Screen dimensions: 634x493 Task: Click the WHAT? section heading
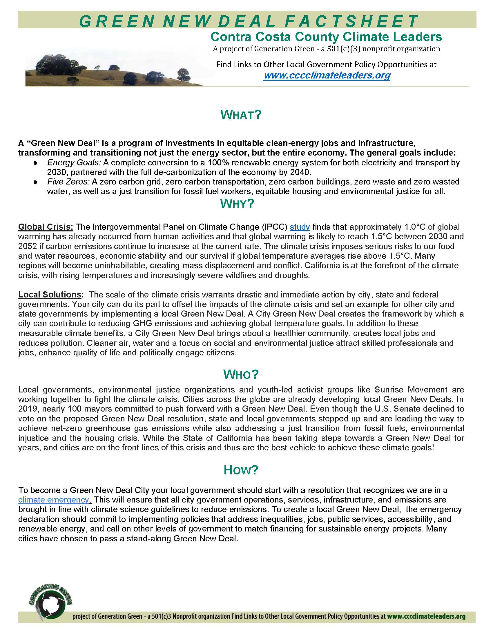click(241, 115)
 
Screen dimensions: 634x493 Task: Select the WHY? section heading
click(241, 204)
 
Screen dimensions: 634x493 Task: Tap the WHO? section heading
click(241, 374)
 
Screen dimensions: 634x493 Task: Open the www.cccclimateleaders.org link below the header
click(327, 76)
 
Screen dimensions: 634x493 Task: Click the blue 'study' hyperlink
click(300, 227)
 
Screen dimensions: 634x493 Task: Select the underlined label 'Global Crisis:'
click(46, 227)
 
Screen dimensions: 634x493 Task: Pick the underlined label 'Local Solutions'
click(50, 295)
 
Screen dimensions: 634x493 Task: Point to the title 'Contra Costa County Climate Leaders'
click(326, 37)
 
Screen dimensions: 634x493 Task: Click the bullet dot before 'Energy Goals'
click(35, 162)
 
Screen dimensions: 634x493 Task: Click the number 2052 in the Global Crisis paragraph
click(27, 246)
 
